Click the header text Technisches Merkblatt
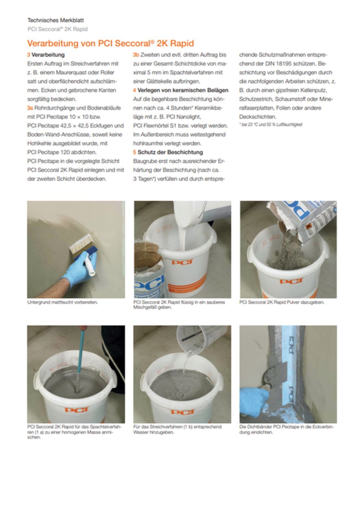pos(55,20)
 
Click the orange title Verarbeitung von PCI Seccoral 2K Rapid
pos(110,43)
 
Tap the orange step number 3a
pos(30,108)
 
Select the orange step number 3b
pos(136,55)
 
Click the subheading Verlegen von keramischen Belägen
pos(183,90)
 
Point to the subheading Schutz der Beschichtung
pos(170,152)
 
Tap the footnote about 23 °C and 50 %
pos(271,125)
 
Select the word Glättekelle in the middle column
pos(159,81)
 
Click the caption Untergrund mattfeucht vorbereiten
pos(62,302)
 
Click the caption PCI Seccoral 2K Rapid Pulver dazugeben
pos(282,302)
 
